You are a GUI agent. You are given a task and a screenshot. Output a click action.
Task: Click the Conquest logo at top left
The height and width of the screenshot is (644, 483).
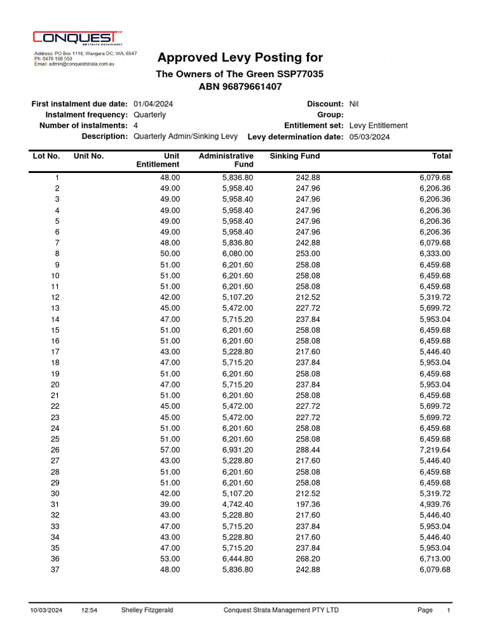77,39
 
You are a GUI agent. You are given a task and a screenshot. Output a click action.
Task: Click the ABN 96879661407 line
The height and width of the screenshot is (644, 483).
240,86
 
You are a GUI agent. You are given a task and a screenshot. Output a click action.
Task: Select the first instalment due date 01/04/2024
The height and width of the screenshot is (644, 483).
153,104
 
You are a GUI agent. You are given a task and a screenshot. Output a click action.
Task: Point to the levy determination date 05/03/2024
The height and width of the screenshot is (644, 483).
369,136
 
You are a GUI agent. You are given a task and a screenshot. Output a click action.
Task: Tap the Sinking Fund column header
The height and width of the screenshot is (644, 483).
294,156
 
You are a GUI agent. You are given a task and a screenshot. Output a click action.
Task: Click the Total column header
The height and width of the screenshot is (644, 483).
441,156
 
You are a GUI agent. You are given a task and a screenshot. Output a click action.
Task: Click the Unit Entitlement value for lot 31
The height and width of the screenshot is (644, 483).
170,504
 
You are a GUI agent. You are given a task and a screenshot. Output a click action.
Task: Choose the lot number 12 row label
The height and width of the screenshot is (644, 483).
55,297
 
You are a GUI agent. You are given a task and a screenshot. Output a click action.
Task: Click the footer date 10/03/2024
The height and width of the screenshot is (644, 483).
47,610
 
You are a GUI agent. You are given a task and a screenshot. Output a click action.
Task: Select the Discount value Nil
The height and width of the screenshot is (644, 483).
353,104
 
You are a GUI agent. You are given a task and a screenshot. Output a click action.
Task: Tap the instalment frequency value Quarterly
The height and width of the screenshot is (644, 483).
150,114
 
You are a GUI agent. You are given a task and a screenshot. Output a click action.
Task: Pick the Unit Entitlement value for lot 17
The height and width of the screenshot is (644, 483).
170,352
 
